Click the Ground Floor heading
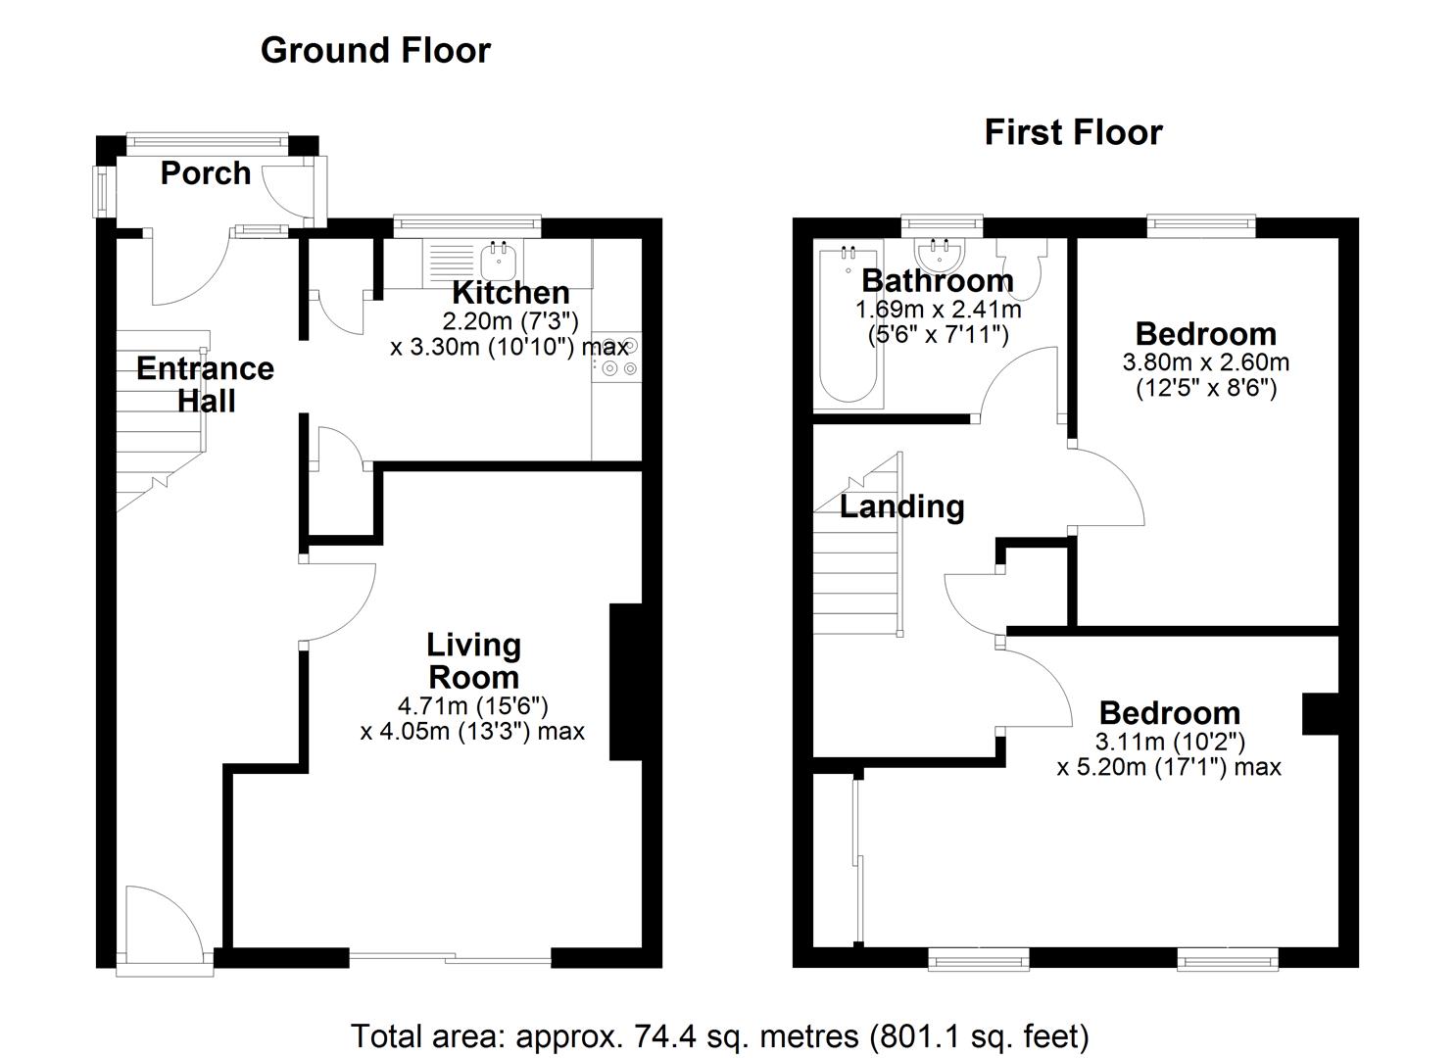click(x=375, y=50)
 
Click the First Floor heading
click(x=1073, y=132)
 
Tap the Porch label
click(x=206, y=173)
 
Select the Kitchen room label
click(x=510, y=292)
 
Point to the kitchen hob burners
click(x=617, y=357)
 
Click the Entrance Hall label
click(x=205, y=384)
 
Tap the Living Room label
click(x=473, y=661)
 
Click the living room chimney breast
click(x=624, y=682)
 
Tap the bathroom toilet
click(x=1022, y=268)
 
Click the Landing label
click(x=901, y=506)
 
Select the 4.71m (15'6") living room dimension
click(x=472, y=705)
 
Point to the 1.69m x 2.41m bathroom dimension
click(x=938, y=311)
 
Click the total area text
click(x=719, y=1035)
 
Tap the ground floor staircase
click(x=162, y=421)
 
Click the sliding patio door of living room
click(x=451, y=957)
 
